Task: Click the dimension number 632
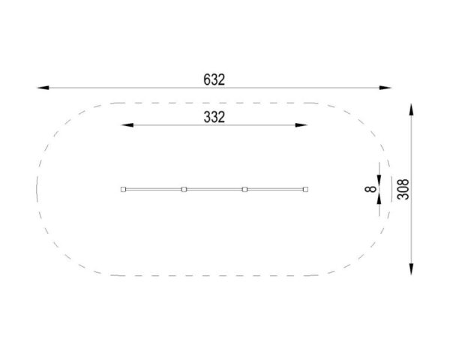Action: (x=214, y=79)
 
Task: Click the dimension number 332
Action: (x=214, y=117)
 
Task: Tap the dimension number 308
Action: (x=403, y=189)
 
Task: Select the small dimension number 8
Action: (x=370, y=189)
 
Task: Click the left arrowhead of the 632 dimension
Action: (x=43, y=88)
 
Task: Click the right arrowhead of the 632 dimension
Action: (x=385, y=88)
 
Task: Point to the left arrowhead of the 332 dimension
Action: (x=127, y=125)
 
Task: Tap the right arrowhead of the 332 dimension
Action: (x=301, y=125)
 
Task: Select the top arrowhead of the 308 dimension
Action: (x=411, y=109)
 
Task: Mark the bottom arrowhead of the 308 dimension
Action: (x=411, y=269)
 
